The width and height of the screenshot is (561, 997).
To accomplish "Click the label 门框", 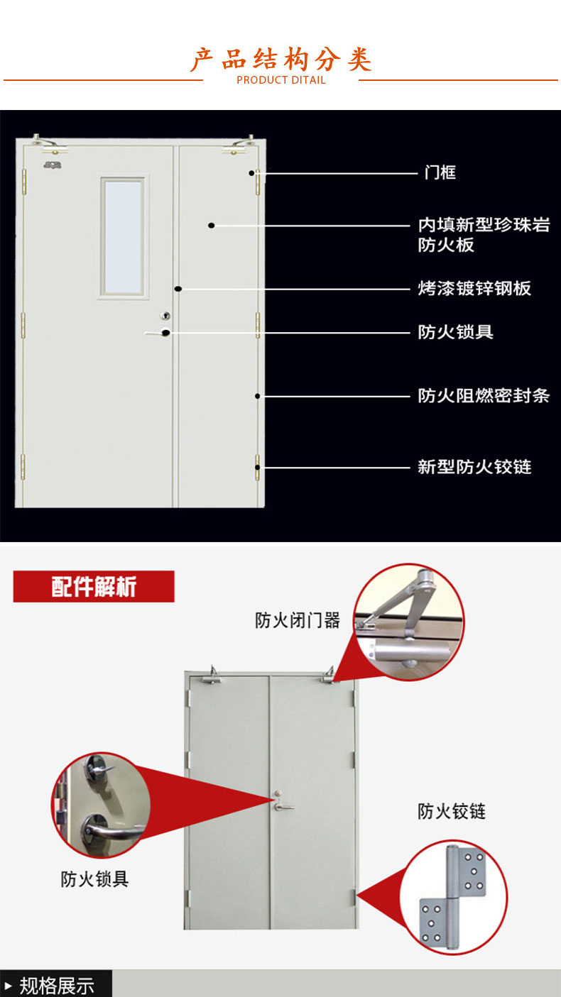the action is (440, 172).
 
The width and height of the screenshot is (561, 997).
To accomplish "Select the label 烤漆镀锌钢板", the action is (474, 288).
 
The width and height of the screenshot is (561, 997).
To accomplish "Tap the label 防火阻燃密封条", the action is (484, 395).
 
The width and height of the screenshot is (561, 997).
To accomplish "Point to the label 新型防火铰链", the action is (474, 467).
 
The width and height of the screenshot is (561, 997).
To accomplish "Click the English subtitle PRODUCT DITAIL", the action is (281, 80).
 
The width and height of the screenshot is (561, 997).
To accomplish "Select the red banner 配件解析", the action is (94, 586).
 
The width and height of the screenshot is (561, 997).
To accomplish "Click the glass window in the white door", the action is (122, 236).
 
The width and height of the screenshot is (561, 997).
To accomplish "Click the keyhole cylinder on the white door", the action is (165, 316).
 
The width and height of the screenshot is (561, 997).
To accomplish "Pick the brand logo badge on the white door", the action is (53, 165).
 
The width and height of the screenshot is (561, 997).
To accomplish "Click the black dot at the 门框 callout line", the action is (251, 172).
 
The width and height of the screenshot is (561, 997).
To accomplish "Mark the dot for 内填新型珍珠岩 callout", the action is (212, 226).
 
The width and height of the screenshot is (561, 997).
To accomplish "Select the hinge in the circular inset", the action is (453, 896).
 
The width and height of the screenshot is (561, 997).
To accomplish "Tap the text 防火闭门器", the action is (298, 620).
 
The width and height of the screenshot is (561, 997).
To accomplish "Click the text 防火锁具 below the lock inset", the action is (94, 879).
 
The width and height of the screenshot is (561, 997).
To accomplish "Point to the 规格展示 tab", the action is (55, 984).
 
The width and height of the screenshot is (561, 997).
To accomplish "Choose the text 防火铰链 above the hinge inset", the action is (452, 811).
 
